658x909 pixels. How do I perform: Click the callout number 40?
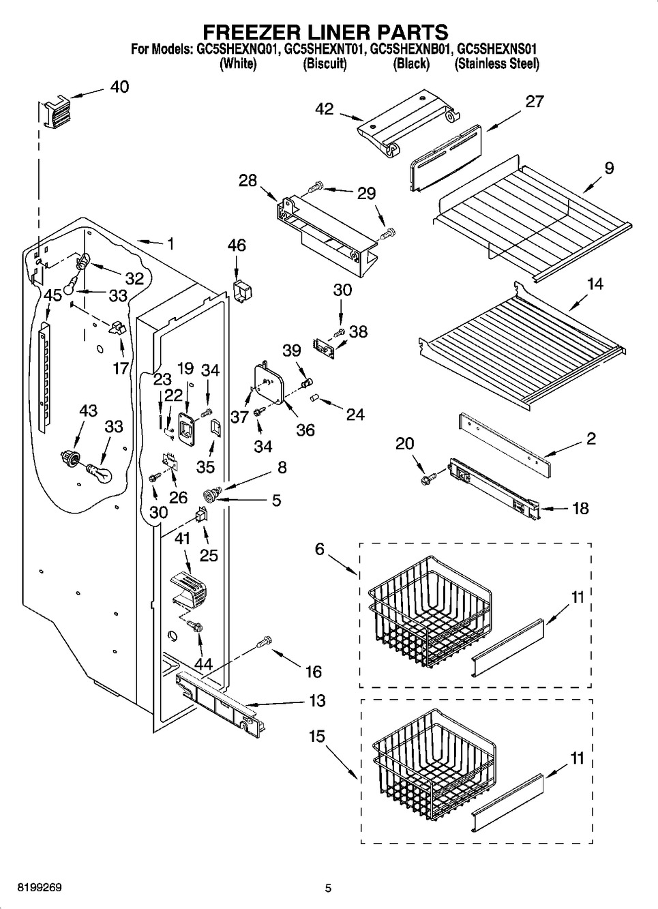tap(119, 87)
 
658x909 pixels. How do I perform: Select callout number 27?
tap(535, 101)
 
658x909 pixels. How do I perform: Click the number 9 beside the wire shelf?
tap(609, 168)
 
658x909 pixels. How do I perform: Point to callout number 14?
tap(595, 284)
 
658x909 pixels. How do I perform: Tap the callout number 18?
tap(580, 508)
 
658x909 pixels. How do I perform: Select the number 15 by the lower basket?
tap(316, 736)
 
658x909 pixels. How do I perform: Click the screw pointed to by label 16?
tap(265, 642)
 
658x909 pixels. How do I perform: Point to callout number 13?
tap(316, 701)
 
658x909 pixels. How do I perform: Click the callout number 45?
tap(53, 295)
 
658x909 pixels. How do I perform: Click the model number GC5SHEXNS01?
tap(496, 49)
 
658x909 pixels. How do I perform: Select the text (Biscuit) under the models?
tap(325, 63)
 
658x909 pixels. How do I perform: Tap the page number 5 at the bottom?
tap(328, 888)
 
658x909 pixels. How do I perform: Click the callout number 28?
tap(248, 181)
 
